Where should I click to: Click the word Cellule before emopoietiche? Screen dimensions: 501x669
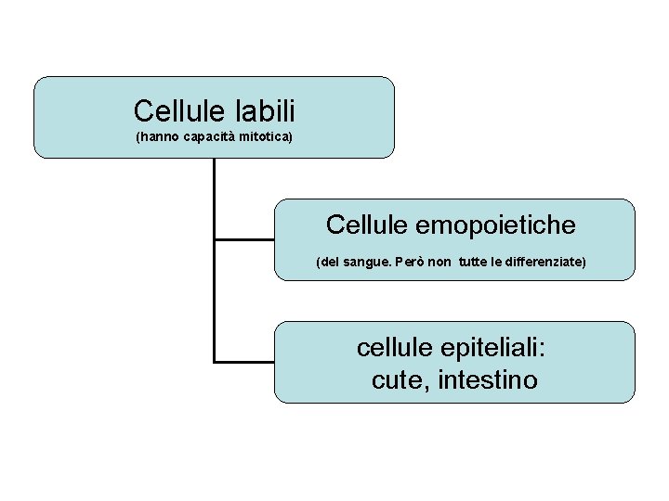(365, 225)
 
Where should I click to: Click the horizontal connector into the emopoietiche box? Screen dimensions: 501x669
(244, 239)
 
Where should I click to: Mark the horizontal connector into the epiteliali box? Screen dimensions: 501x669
(244, 361)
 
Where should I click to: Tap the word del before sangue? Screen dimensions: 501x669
(330, 263)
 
